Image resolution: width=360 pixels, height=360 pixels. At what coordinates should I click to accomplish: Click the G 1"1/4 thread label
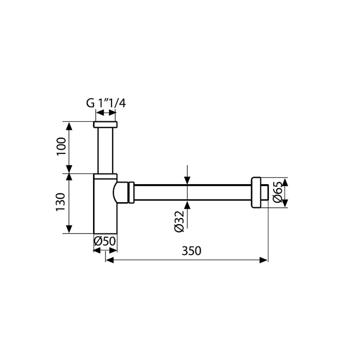tap(106, 103)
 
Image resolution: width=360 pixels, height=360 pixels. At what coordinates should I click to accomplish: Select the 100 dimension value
tap(61, 146)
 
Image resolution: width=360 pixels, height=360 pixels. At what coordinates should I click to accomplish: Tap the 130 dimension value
tap(61, 202)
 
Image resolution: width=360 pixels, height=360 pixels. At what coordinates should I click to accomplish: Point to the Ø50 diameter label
tap(105, 241)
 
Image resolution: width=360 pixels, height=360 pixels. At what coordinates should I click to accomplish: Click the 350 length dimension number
tap(191, 251)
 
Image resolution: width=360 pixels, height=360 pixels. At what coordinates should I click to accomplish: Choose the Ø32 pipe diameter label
tap(179, 222)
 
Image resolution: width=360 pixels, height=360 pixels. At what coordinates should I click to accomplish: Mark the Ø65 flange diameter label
tap(278, 192)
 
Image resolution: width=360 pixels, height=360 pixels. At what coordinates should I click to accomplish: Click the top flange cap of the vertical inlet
tap(105, 124)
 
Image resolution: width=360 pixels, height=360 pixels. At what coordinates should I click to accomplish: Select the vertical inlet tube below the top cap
tap(105, 151)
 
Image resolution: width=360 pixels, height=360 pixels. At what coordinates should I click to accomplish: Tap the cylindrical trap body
tap(105, 204)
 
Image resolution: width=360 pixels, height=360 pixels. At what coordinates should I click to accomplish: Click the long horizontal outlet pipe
tap(192, 192)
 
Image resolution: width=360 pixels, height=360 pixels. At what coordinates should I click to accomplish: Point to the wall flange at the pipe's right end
tap(260, 192)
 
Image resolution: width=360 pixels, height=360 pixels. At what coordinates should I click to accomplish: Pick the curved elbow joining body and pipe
tap(121, 192)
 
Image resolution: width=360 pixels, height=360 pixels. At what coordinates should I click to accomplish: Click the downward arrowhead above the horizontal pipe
tap(187, 180)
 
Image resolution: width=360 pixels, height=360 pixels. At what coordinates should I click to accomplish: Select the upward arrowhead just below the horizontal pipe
tap(187, 205)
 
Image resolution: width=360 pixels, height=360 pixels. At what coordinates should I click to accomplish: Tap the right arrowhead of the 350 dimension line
tap(263, 260)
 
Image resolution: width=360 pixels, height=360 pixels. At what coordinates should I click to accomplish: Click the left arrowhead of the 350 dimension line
tap(110, 260)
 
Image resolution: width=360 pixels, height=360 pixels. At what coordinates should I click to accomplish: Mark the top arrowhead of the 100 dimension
tap(69, 126)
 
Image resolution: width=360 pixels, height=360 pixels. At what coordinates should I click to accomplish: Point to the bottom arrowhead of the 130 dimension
tap(69, 229)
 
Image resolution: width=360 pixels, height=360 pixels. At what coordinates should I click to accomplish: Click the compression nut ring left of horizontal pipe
tap(131, 192)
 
